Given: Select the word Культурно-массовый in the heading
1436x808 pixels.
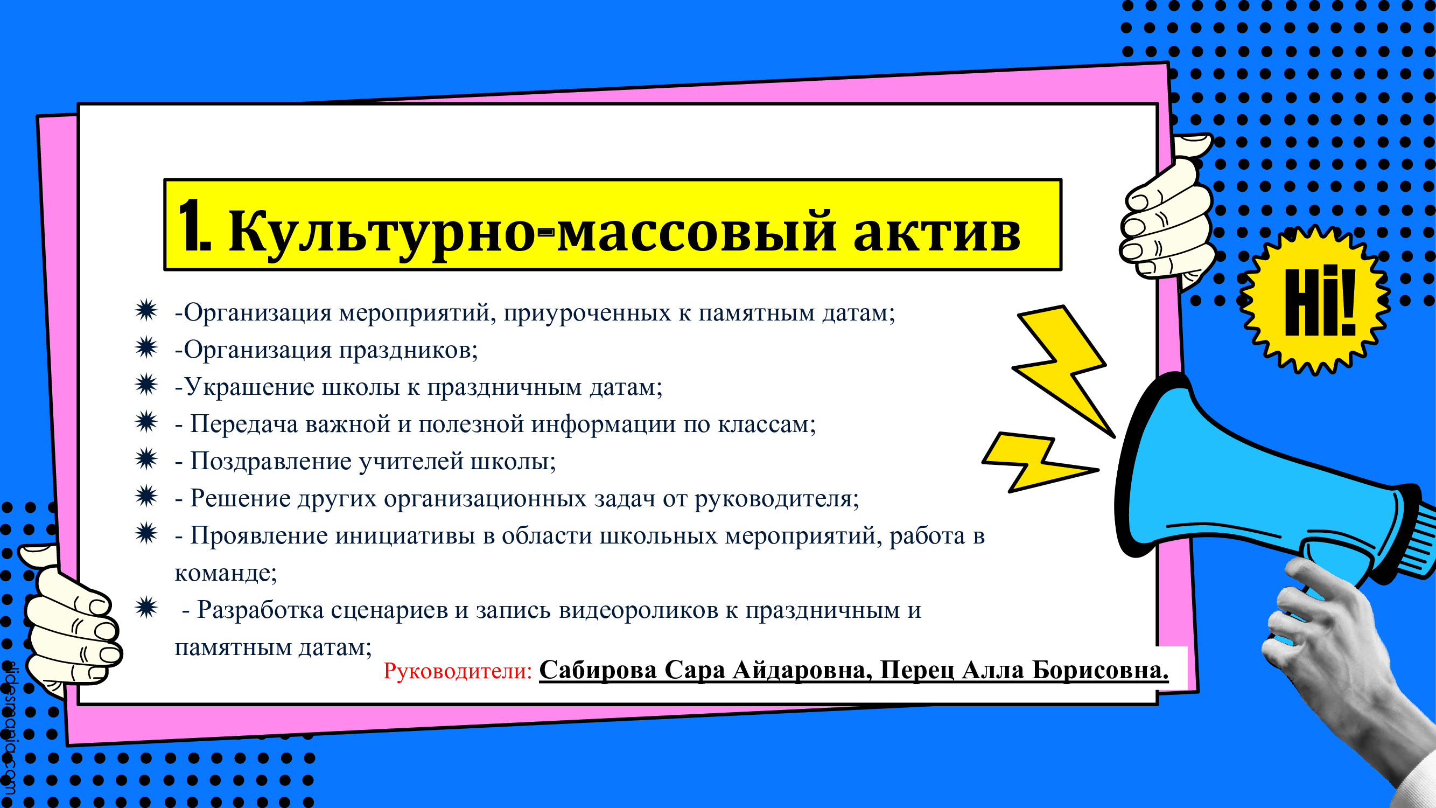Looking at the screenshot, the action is click(532, 232).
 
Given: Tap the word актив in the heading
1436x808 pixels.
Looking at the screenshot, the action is click(937, 232).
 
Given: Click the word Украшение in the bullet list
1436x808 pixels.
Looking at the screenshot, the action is click(249, 386).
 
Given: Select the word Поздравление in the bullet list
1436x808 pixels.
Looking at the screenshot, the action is click(271, 461).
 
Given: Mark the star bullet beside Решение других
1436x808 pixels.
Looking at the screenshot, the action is click(146, 496).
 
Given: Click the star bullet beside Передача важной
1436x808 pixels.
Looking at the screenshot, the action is click(146, 422).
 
